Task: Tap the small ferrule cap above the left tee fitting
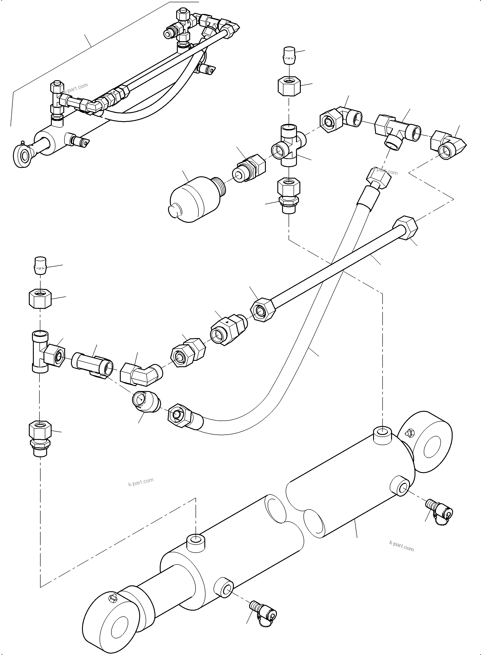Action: click(x=40, y=265)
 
